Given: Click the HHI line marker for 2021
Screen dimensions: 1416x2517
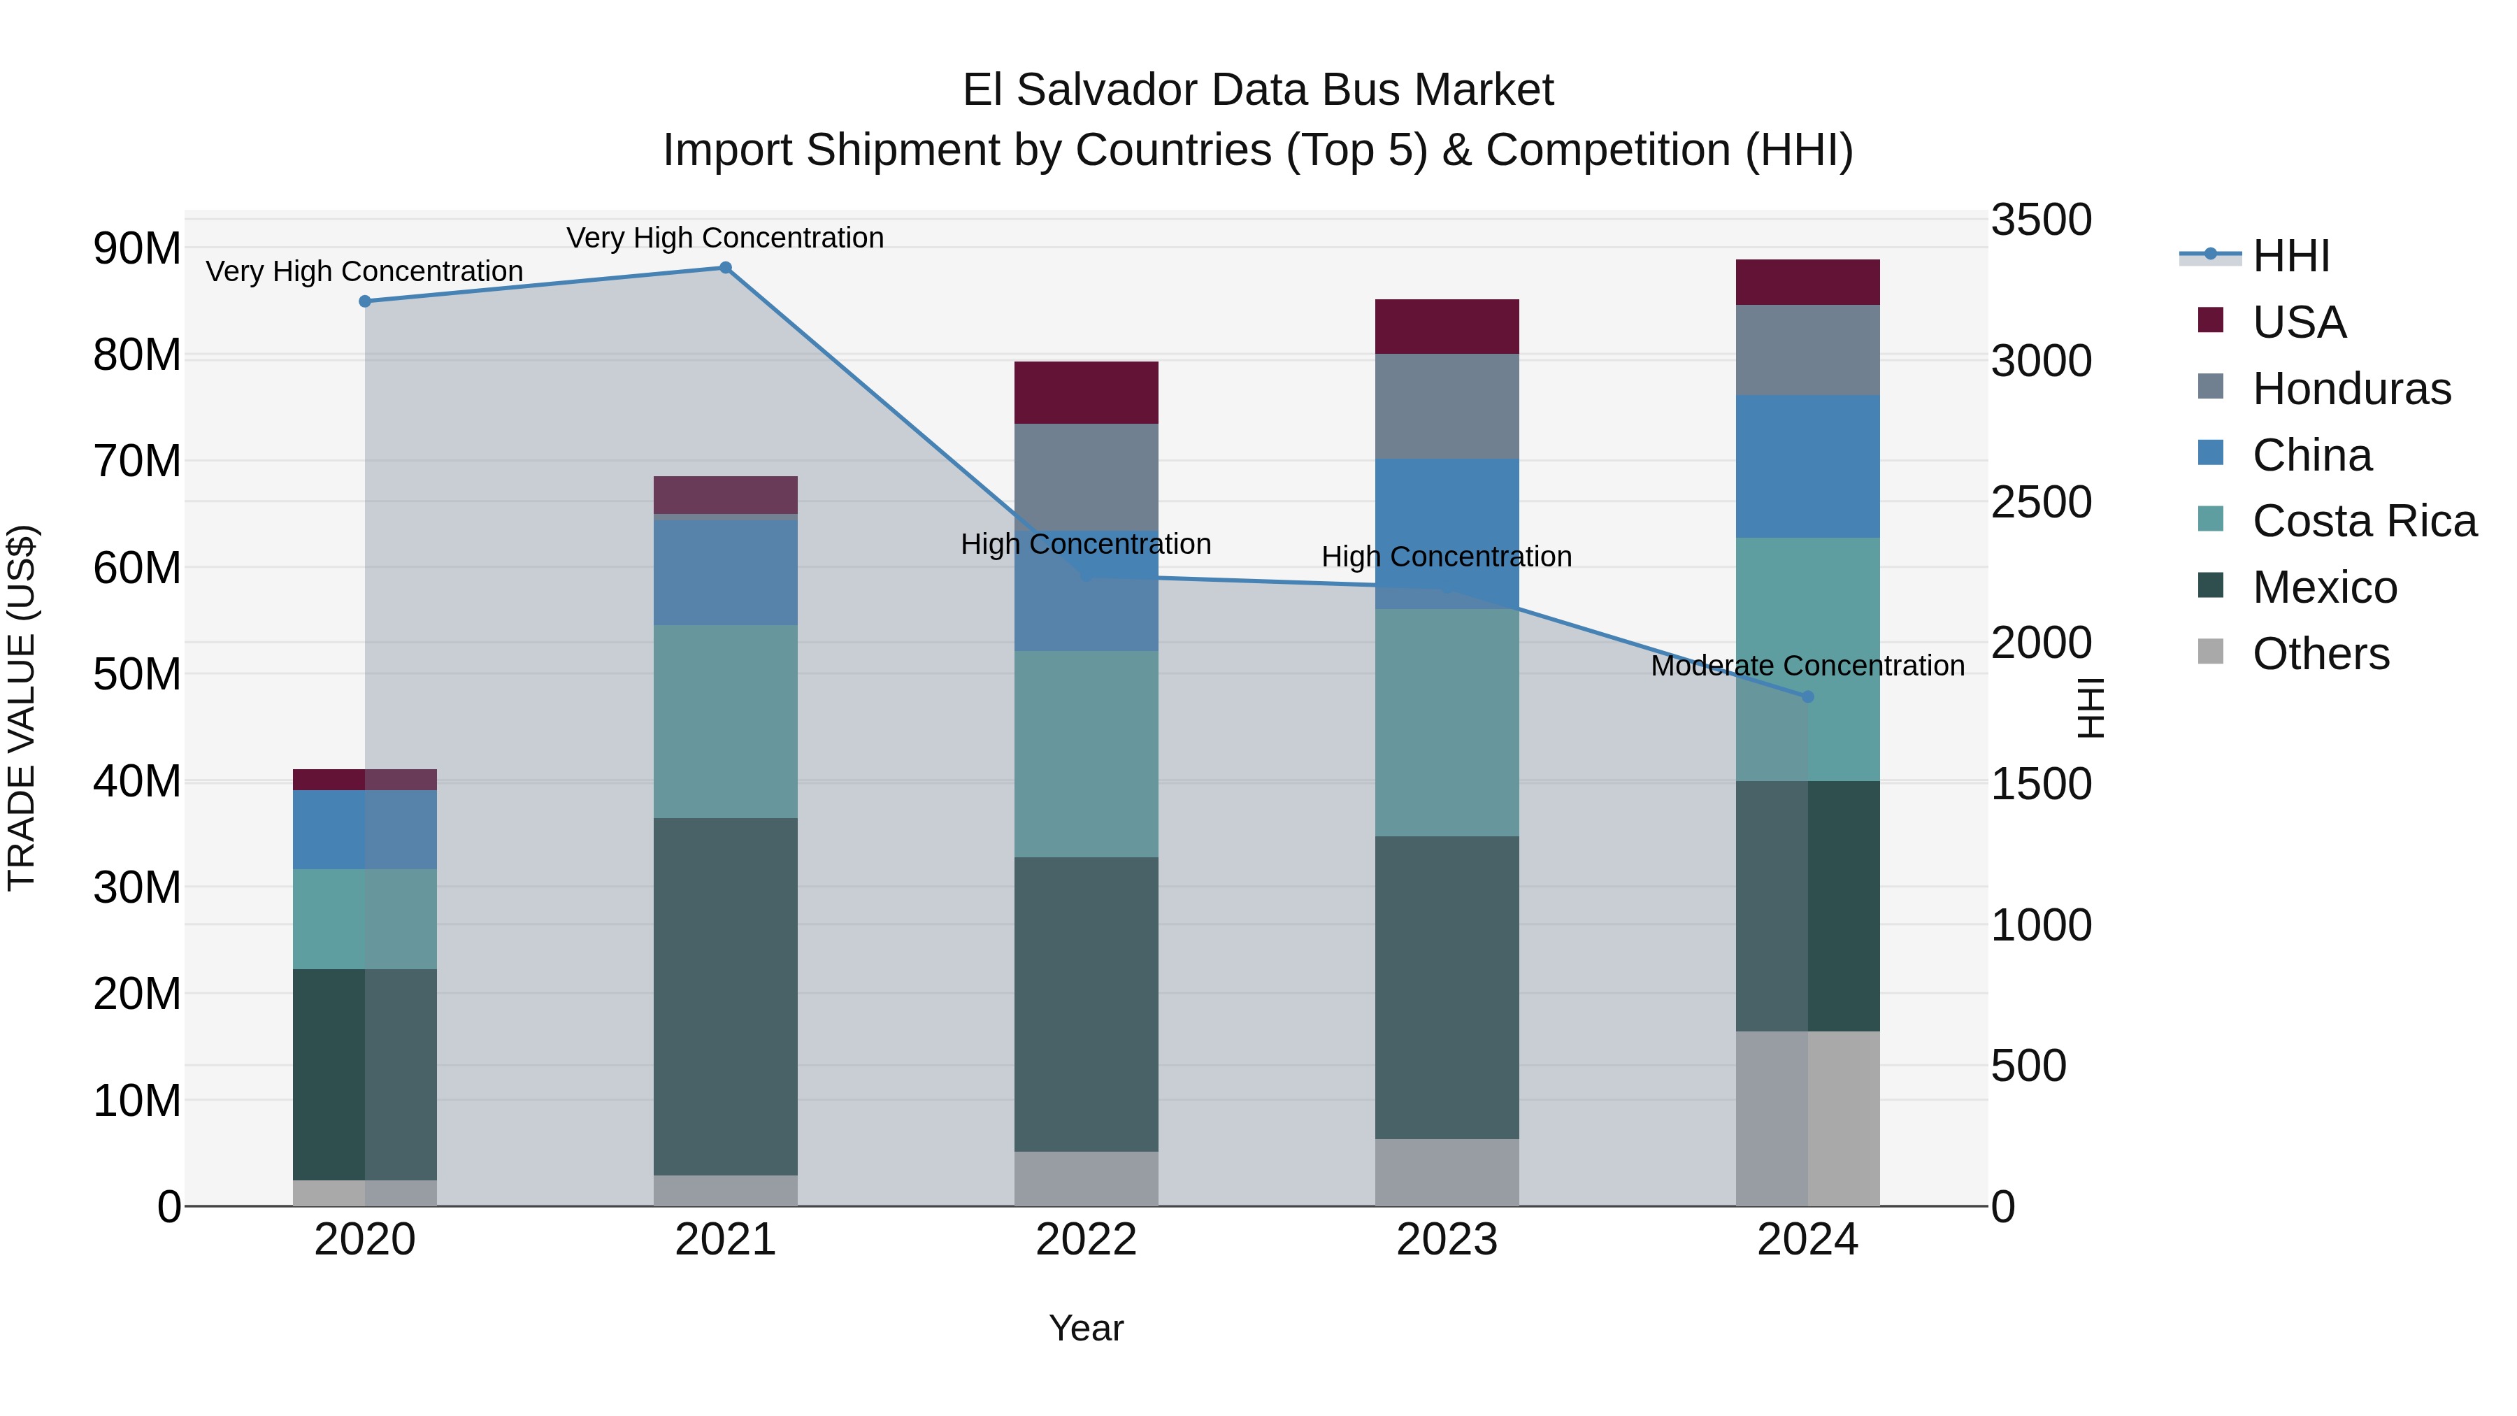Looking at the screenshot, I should pos(725,268).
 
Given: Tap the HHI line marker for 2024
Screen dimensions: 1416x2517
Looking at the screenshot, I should pos(1807,696).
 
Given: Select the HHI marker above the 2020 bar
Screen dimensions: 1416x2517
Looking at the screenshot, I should pos(364,301).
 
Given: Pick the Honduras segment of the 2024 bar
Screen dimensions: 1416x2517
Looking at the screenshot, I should pos(1807,350).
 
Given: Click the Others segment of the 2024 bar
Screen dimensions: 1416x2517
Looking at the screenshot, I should pos(1807,1118).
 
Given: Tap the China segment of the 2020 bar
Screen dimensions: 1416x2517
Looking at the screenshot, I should pos(364,829).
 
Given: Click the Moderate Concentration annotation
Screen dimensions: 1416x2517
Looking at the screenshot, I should pos(1807,666).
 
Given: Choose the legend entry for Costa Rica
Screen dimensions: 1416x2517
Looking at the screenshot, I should pos(2364,521).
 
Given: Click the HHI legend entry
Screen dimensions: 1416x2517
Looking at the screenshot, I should pos(2290,256).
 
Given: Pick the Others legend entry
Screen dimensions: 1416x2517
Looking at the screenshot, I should pos(2320,654).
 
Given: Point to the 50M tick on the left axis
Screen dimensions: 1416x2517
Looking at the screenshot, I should pos(137,674).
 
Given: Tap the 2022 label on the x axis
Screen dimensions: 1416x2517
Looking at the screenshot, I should pos(1086,1240).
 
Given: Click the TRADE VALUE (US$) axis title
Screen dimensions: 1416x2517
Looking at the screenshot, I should pos(22,708).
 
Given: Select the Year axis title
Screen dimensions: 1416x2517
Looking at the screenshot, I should pos(1086,1328).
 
